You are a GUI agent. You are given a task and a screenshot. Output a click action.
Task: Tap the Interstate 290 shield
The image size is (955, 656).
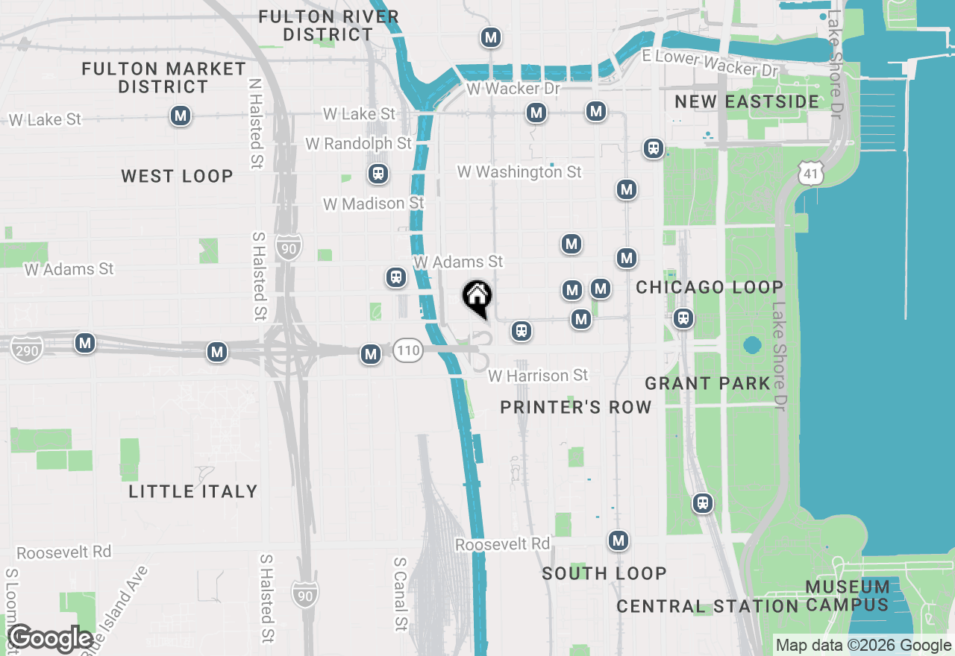[x=27, y=349]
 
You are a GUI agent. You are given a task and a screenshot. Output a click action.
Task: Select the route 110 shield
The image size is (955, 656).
[x=408, y=350]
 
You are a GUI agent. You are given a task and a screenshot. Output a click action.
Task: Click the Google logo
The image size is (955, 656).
[x=50, y=639]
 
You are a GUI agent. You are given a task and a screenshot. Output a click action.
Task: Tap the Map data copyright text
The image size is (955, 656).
[x=863, y=646]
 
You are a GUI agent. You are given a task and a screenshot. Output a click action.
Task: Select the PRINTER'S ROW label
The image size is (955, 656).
[x=575, y=407]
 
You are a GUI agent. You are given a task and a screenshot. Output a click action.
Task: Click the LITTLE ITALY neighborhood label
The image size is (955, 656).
[x=193, y=491]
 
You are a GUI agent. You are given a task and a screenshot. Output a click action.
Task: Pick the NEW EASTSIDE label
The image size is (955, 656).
[x=746, y=101]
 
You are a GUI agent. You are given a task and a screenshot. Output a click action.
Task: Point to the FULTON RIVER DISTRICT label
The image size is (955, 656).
[x=328, y=25]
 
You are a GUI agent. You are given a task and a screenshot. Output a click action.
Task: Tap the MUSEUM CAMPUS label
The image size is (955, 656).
[x=848, y=596]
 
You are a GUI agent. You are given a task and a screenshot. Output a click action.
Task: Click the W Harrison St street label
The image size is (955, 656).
[x=538, y=376]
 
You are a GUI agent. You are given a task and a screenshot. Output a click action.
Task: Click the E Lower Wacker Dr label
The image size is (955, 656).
[x=710, y=63]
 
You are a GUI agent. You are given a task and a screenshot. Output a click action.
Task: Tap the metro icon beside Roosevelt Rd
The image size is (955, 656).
[x=618, y=540]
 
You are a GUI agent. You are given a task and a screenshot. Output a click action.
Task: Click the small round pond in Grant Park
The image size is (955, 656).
[x=752, y=346]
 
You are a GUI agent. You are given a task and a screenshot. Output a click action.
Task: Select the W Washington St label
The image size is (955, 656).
[x=519, y=172]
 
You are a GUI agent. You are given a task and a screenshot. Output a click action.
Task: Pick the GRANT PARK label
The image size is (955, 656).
[x=707, y=383]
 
